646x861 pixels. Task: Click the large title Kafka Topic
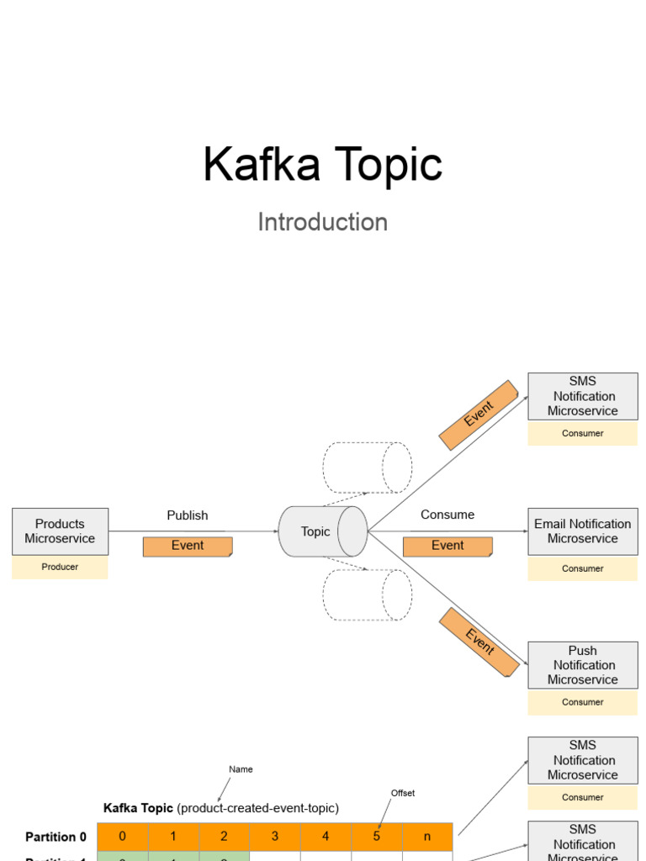point(322,165)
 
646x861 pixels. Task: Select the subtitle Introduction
point(322,222)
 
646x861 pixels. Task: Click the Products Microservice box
point(60,531)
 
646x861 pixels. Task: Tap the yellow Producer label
point(60,568)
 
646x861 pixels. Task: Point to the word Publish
point(188,515)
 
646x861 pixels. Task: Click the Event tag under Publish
point(188,547)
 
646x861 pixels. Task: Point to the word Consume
point(447,515)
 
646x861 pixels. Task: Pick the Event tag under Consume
point(447,547)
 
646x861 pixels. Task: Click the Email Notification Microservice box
point(582,531)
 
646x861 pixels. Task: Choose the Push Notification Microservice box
point(582,665)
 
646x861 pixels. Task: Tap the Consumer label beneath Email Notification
point(582,569)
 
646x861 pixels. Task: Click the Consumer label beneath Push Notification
point(582,703)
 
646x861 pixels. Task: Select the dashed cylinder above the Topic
point(367,467)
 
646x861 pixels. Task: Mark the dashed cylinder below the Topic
point(367,595)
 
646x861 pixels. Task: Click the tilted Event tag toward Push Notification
point(479,643)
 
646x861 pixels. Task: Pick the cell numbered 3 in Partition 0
point(275,837)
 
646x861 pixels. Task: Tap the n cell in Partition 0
point(427,837)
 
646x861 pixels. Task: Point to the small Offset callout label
point(403,793)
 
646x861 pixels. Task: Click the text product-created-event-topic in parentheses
point(258,808)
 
